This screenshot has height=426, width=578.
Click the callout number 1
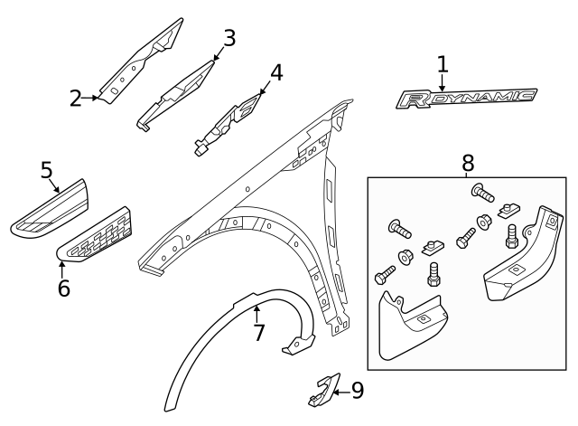pos(443,64)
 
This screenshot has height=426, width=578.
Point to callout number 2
pos(76,98)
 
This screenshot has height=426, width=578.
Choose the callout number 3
pos(229,38)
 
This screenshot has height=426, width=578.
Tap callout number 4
pos(276,71)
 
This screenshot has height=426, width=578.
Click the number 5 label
pos(47,169)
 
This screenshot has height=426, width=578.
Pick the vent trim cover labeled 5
pos(50,211)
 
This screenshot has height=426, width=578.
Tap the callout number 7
pos(258,333)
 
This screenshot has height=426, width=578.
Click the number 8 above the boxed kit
pos(467,163)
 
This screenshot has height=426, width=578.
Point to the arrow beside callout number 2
pos(93,98)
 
